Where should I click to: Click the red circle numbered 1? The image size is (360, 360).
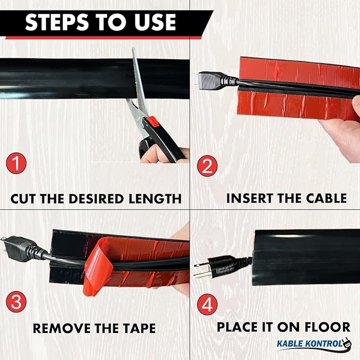click(x=16, y=163)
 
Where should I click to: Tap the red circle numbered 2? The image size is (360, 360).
click(x=207, y=166)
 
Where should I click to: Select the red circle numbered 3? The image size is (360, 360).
click(x=16, y=302)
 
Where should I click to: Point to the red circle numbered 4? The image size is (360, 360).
click(x=207, y=305)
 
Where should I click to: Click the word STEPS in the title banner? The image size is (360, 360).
click(x=57, y=22)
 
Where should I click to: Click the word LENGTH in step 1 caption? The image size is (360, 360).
click(x=155, y=199)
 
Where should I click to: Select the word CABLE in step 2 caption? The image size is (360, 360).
click(x=326, y=198)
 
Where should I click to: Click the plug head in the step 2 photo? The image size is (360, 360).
click(x=210, y=81)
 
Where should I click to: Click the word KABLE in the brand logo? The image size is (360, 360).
click(x=290, y=344)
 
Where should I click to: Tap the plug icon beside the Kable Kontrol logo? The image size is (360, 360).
click(x=347, y=343)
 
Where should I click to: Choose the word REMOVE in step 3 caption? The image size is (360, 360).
click(x=62, y=328)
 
